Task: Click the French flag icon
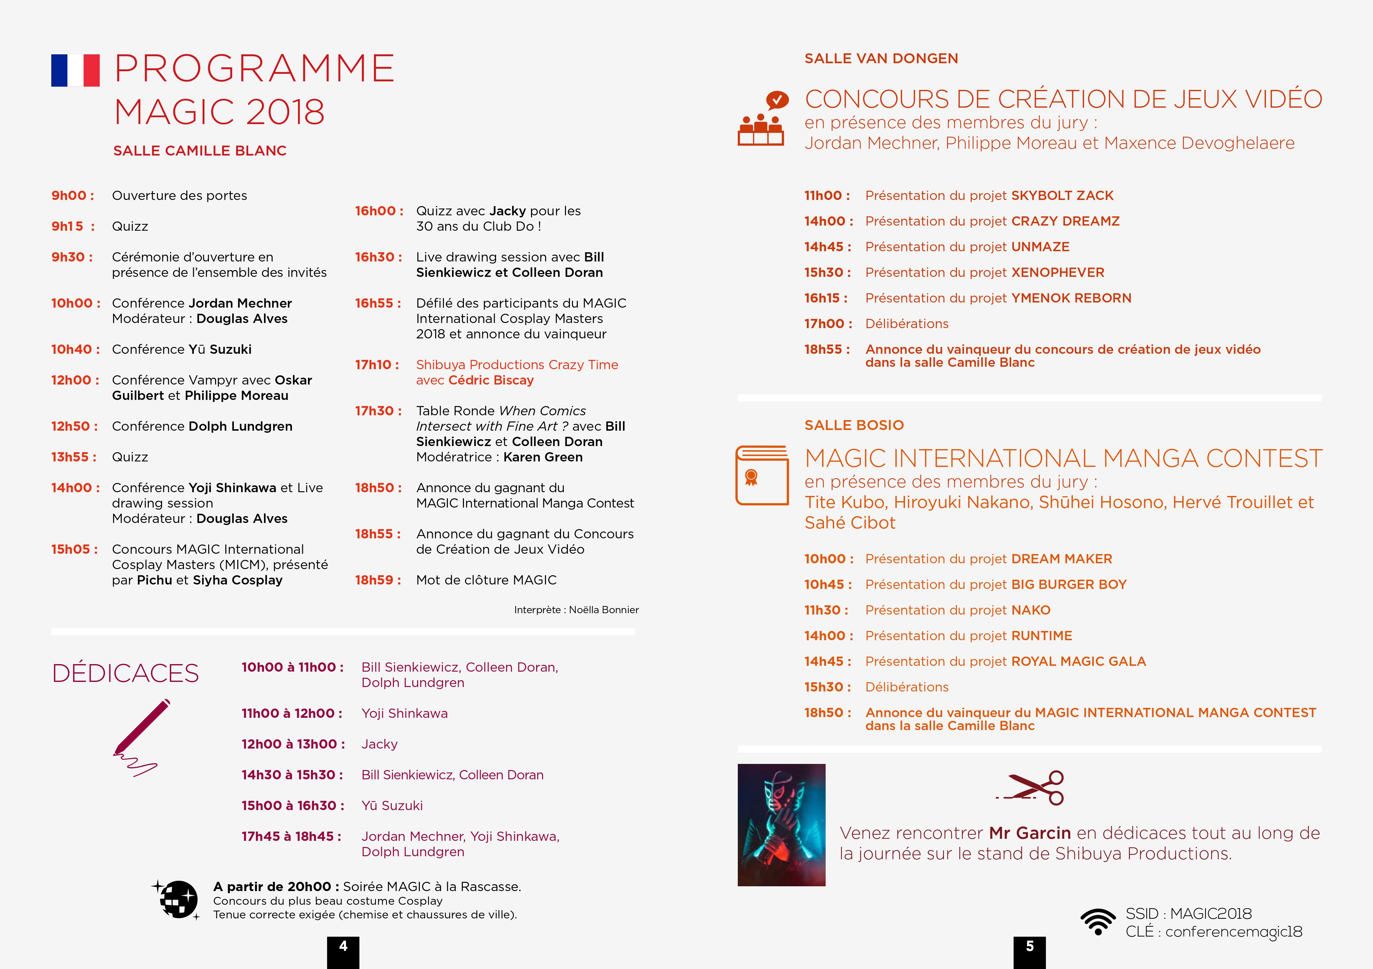[x=75, y=70]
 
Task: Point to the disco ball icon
[x=177, y=899]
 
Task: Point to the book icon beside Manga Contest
[x=762, y=475]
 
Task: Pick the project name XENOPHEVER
[x=1057, y=273]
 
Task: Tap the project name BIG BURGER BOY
[x=1069, y=584]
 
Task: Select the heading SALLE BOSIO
[x=854, y=425]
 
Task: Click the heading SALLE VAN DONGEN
[x=881, y=58]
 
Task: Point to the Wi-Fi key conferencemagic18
[x=1233, y=932]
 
